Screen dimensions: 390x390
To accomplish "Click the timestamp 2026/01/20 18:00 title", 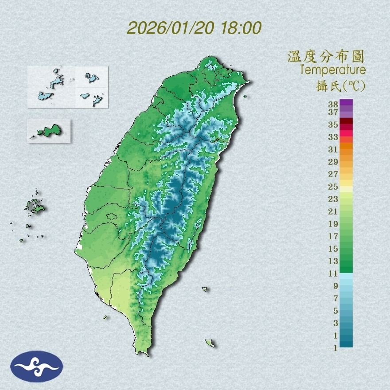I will click(x=194, y=28).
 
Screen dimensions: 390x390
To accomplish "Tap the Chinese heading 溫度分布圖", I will click(x=326, y=56).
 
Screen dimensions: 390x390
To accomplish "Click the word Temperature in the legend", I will click(x=332, y=70).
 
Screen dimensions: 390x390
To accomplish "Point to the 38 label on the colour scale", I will click(x=333, y=104).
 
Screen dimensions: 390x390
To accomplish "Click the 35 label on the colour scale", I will click(x=333, y=125).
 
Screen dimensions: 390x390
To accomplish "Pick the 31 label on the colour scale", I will click(x=333, y=149).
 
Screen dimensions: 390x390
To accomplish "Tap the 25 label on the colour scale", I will click(x=333, y=187).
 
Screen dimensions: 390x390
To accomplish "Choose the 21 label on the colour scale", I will click(x=333, y=211).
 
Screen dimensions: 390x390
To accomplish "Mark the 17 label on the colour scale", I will click(x=333, y=236).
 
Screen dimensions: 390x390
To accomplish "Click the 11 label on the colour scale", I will click(x=333, y=273).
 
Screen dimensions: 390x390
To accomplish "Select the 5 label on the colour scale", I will click(x=335, y=311).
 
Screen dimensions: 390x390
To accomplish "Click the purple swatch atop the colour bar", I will click(x=347, y=102).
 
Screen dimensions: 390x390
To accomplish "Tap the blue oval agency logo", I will click(x=37, y=367).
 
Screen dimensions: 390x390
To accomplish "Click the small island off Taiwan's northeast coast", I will click(x=245, y=97).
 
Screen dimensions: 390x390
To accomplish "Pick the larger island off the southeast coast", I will click(x=210, y=343).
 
